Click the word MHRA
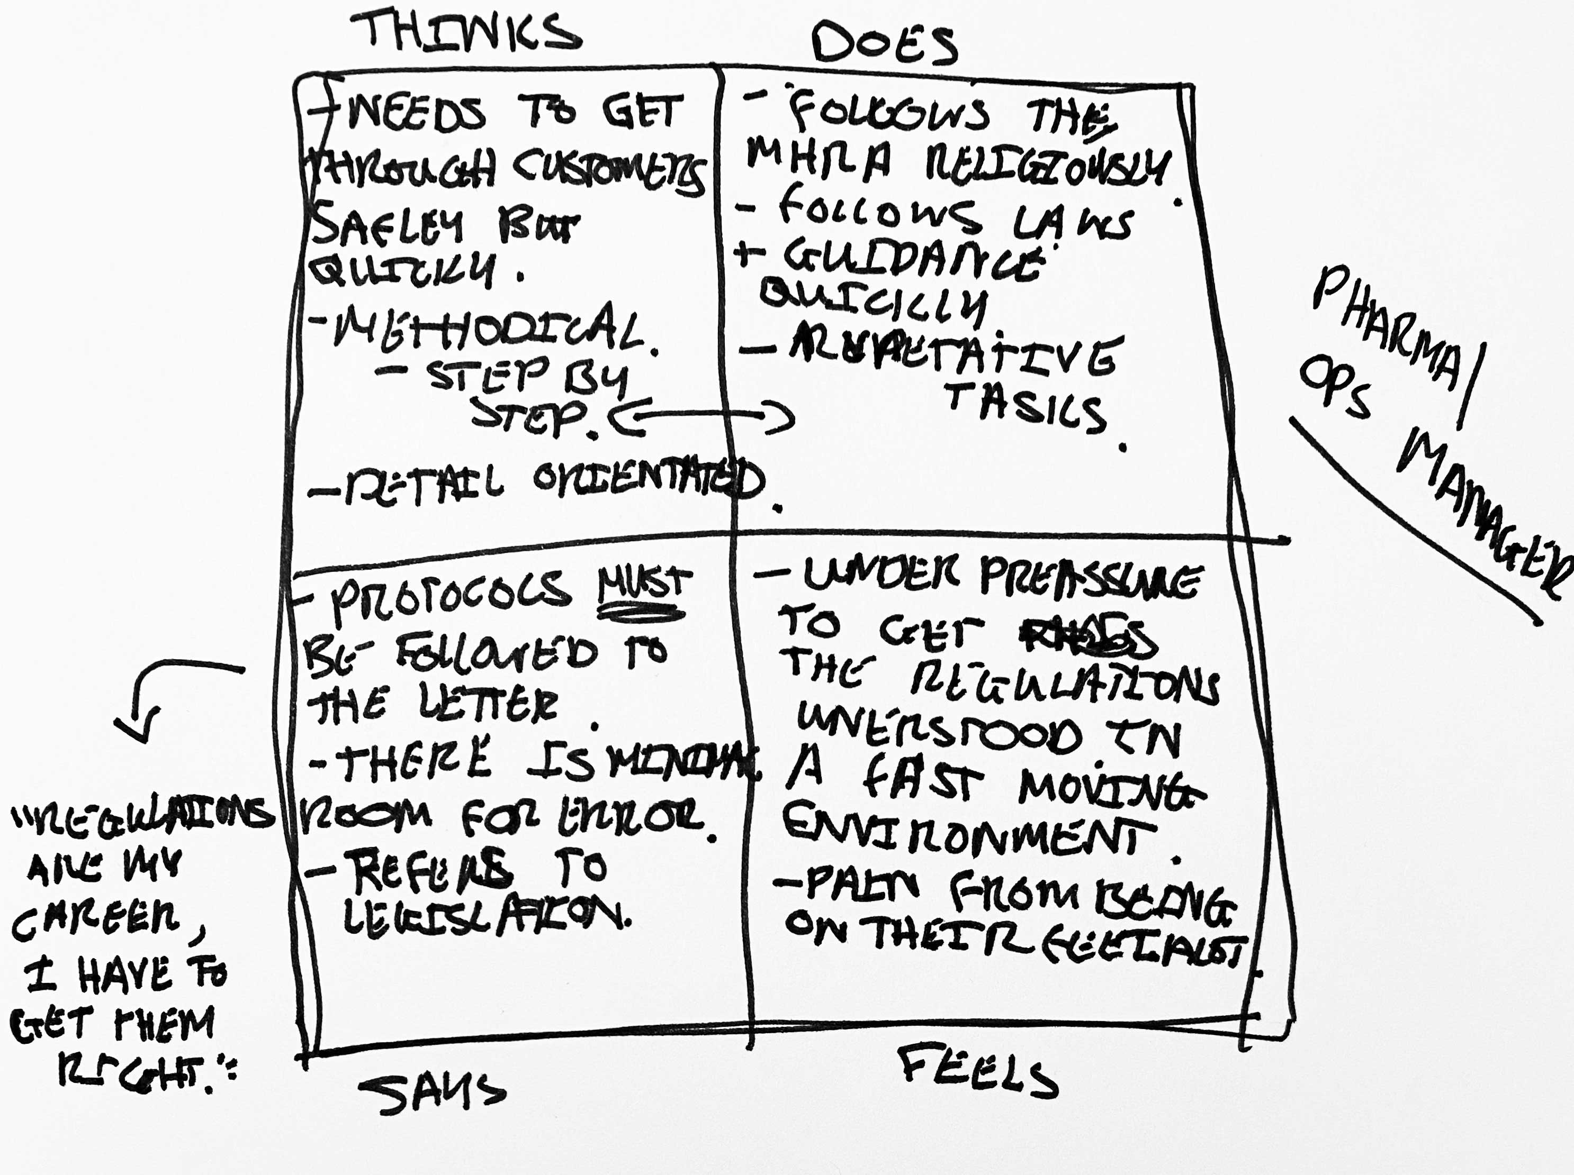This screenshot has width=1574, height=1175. (x=819, y=158)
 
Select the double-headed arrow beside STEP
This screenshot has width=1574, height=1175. (x=701, y=418)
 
